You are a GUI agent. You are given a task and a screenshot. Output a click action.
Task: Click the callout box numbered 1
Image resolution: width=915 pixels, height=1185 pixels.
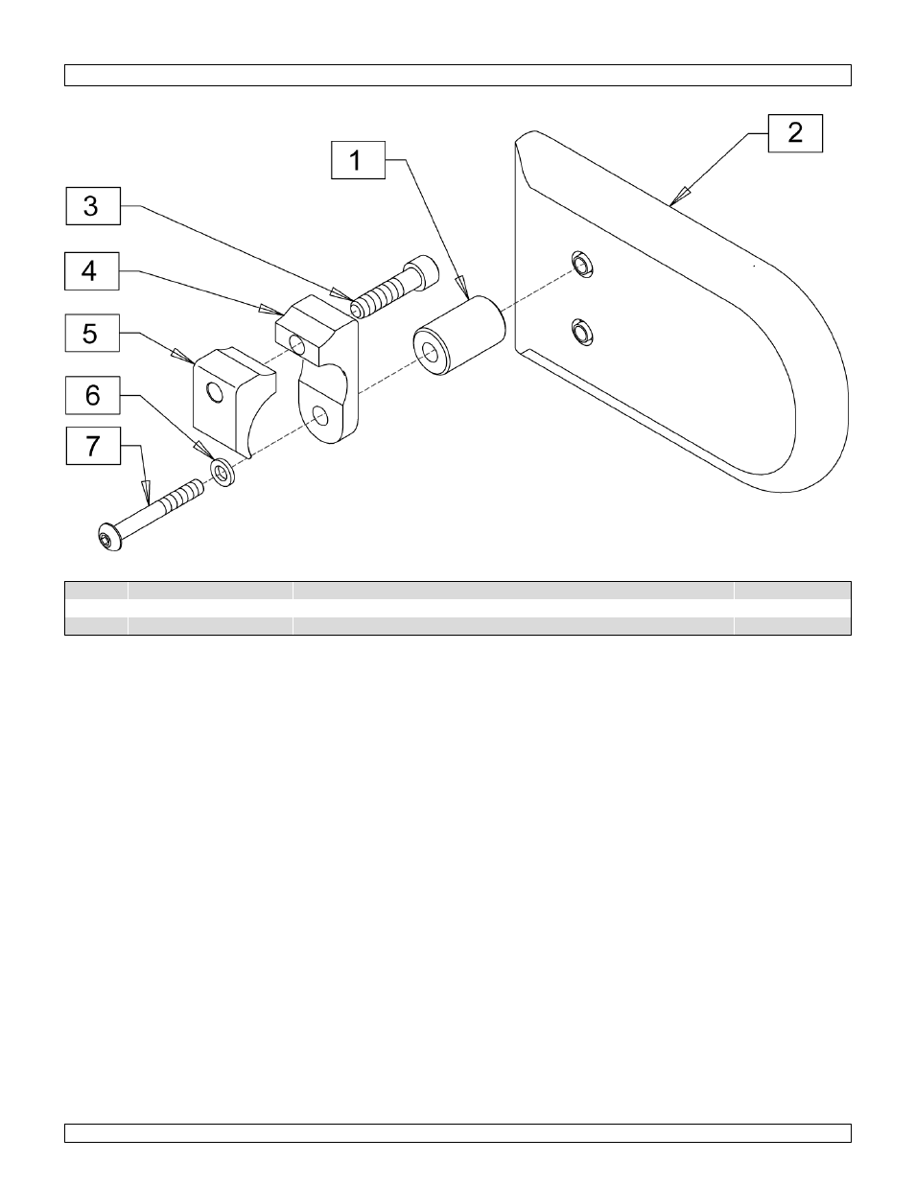(358, 159)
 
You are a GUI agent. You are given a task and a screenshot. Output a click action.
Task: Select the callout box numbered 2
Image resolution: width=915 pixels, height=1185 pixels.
(795, 132)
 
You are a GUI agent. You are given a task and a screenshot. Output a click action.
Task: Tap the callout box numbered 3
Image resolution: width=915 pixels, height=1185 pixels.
(92, 206)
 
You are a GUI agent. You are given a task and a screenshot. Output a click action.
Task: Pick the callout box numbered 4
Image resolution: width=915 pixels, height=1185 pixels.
(92, 270)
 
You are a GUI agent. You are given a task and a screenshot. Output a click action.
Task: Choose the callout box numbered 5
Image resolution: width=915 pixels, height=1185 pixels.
(92, 334)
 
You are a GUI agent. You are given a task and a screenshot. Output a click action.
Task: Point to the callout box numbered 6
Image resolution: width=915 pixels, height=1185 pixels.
(92, 394)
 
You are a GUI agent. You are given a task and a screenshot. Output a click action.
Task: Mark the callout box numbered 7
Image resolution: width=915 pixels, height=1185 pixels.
(92, 446)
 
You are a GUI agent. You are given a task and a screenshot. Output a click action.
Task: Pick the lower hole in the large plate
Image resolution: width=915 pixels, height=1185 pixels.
(580, 333)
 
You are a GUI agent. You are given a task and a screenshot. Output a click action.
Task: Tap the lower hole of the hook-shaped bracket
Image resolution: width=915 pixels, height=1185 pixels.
(321, 414)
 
